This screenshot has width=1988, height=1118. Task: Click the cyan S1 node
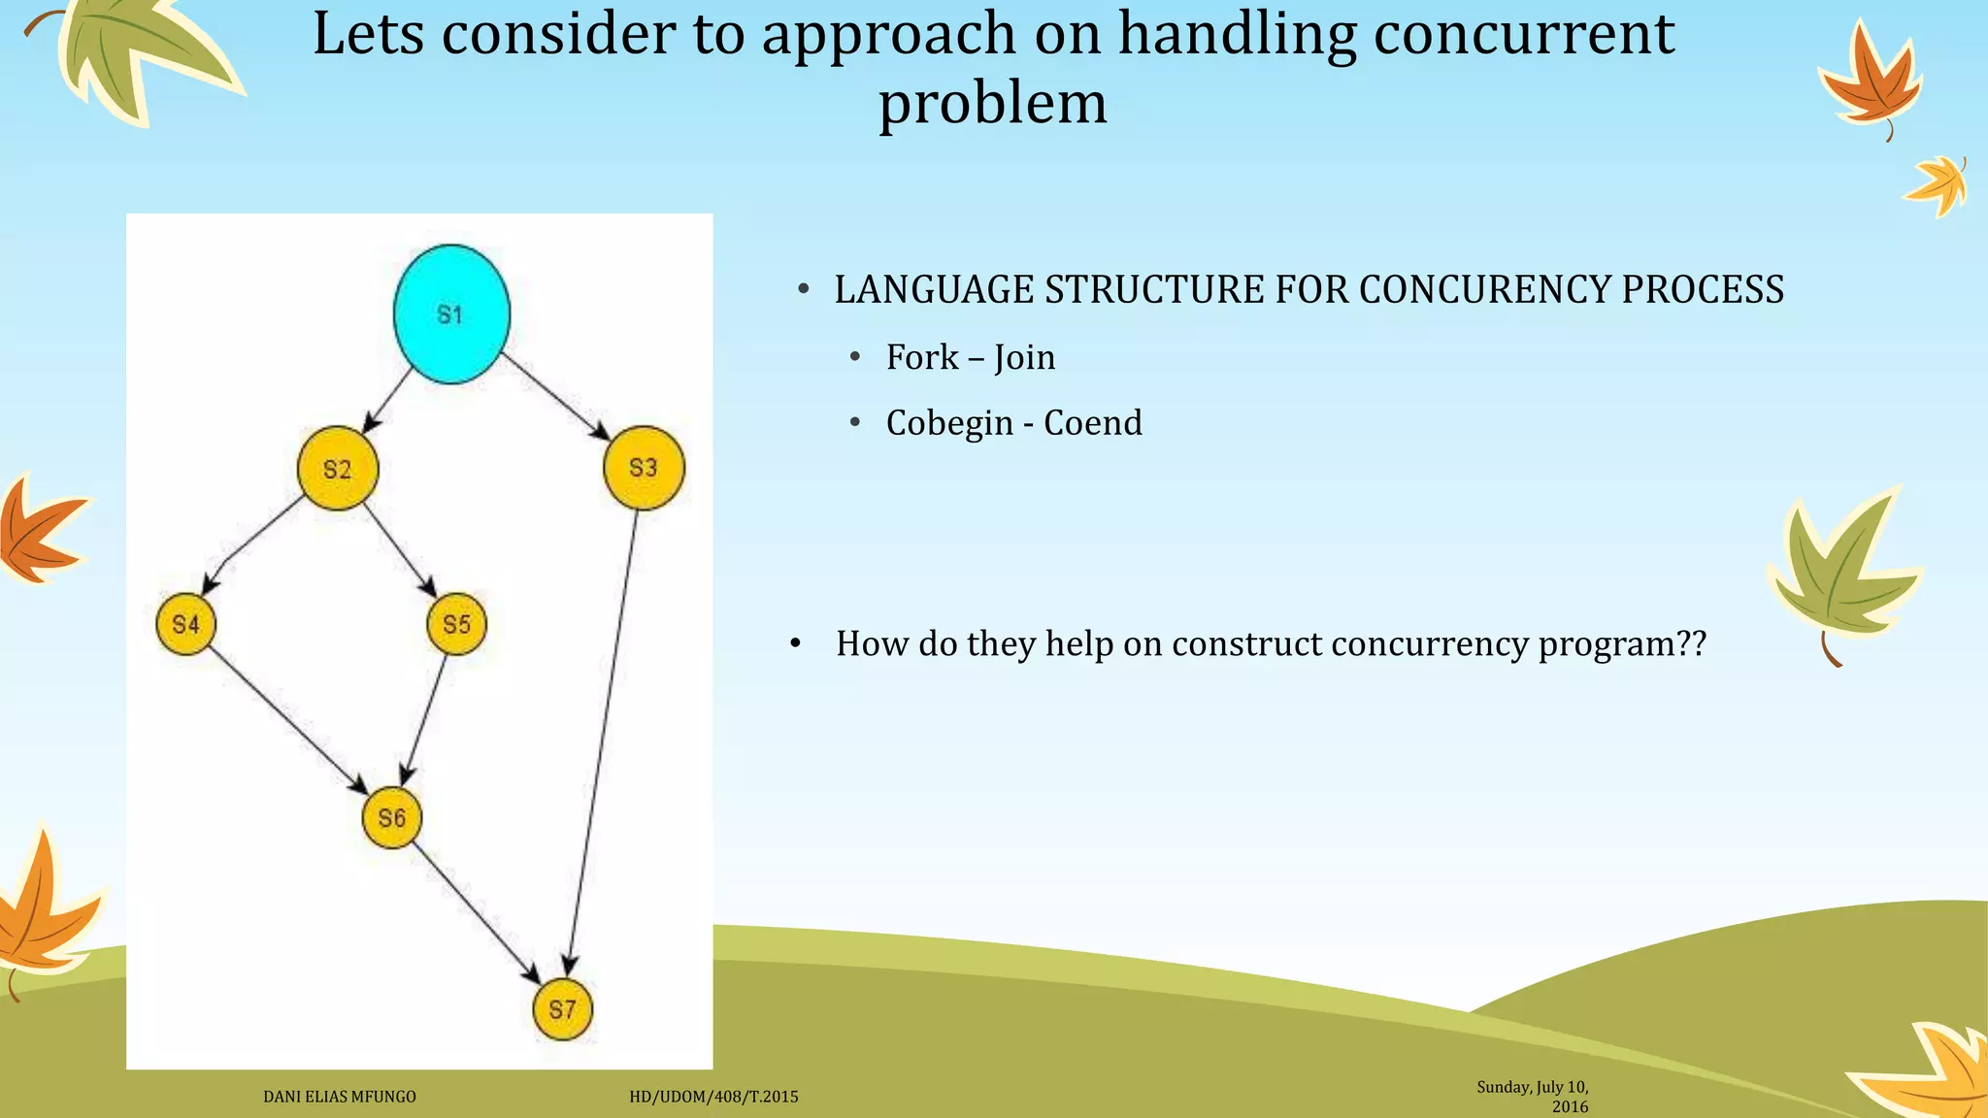[451, 314]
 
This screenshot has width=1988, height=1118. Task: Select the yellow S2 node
[337, 469]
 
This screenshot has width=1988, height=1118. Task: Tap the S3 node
[644, 468]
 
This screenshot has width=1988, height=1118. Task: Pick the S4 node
[185, 624]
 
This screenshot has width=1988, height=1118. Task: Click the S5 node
[456, 624]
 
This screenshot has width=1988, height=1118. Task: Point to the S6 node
[392, 818]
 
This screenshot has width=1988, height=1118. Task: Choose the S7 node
[562, 1009]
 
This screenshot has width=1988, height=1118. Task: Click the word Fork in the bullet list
[921, 357]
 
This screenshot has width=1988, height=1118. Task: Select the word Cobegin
[949, 423]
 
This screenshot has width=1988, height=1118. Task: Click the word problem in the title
[992, 103]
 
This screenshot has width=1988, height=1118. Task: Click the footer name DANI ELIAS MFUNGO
[340, 1097]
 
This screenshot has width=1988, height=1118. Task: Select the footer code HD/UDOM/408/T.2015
[713, 1097]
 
